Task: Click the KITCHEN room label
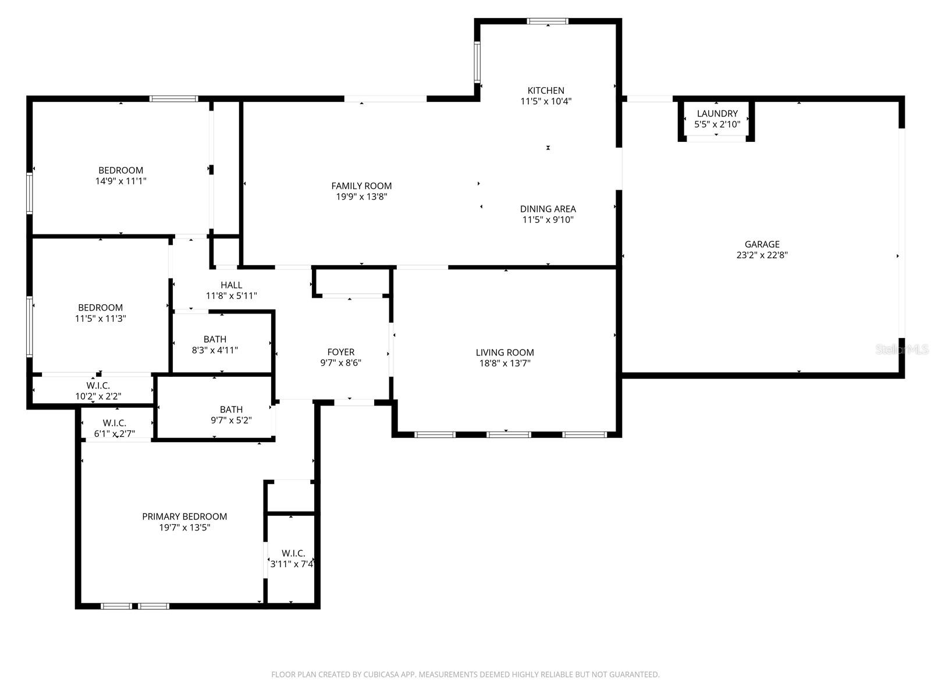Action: [x=545, y=90]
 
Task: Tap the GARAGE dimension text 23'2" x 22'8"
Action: [x=762, y=255]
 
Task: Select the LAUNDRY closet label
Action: [x=717, y=113]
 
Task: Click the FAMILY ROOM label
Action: [x=361, y=186]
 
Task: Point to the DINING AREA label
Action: [x=548, y=209]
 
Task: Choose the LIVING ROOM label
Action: [x=504, y=352]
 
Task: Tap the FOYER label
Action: [x=340, y=352]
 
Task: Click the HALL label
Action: [x=231, y=285]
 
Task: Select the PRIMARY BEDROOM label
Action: [x=184, y=517]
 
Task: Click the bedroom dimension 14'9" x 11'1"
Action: [x=120, y=181]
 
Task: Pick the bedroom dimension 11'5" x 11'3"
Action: [x=100, y=318]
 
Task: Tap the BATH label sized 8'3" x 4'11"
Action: [x=215, y=339]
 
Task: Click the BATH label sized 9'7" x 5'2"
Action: [x=231, y=409]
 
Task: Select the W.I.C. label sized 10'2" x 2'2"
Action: [x=98, y=386]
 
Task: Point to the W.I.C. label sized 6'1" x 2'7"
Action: [x=114, y=423]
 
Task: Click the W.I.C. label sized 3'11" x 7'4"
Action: [x=293, y=553]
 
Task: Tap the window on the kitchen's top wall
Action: [x=547, y=22]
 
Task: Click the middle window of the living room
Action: [x=508, y=434]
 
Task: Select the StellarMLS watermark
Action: [x=902, y=349]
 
